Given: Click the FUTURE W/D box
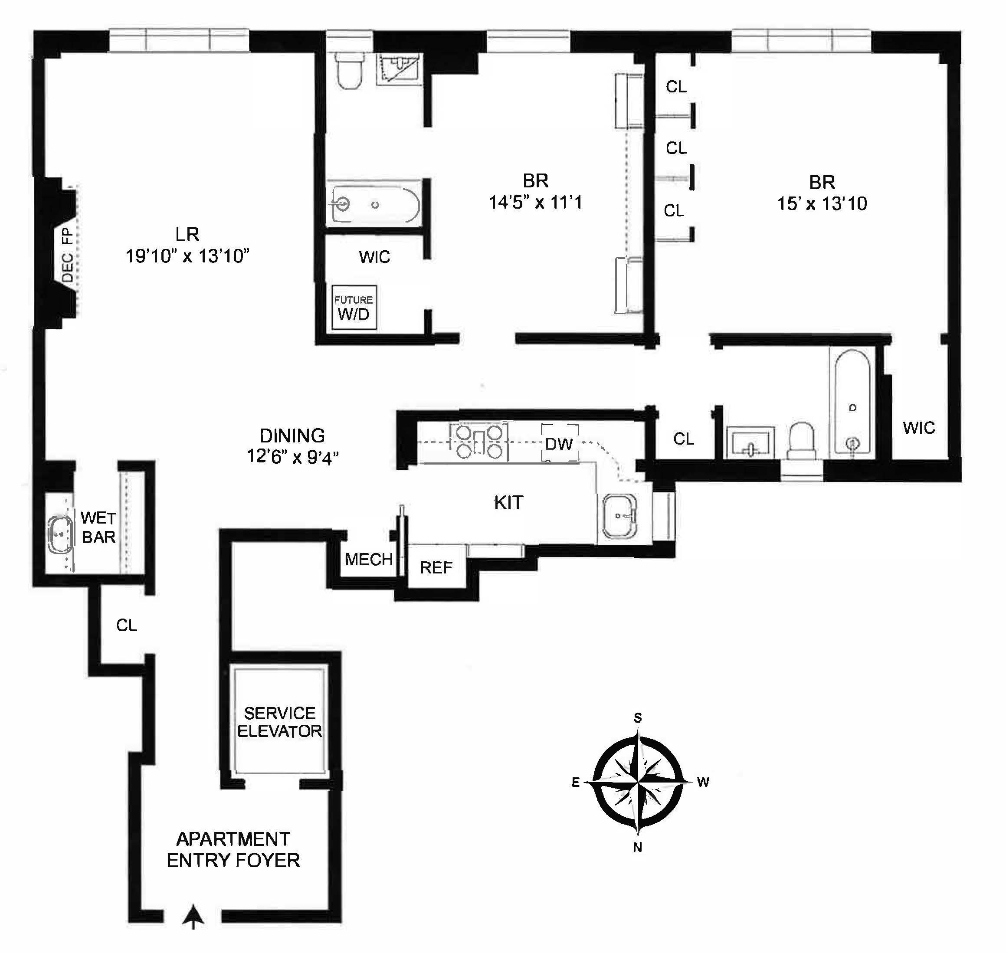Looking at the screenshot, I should tap(354, 308).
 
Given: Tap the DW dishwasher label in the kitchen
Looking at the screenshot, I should tap(559, 443).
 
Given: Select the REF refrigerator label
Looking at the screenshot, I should tap(436, 567).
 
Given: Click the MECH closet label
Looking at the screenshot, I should tap(369, 559).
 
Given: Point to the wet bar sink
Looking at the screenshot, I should tap(60, 534).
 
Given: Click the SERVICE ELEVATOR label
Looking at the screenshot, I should tap(279, 722).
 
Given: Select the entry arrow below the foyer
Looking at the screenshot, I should tap(193, 915).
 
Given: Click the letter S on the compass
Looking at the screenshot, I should tap(638, 717).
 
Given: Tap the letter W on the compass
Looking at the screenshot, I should tap(703, 782).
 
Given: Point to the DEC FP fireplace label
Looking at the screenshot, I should tap(68, 255).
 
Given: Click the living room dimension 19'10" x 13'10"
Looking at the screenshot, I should tap(187, 255).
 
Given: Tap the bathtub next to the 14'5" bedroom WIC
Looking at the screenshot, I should tap(375, 205).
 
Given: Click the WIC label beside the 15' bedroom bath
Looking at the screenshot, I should tap(919, 427).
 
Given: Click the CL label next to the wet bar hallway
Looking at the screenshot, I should tap(127, 625).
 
